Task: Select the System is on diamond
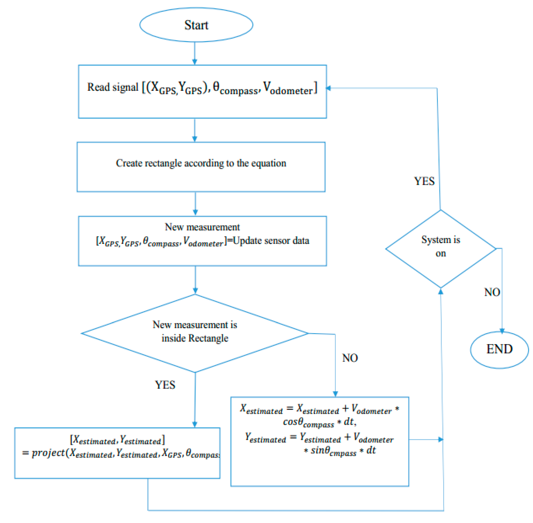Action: point(440,249)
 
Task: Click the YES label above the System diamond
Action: point(424,181)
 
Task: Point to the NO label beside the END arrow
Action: point(492,292)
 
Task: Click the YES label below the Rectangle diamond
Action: point(165,385)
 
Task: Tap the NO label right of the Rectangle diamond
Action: point(350,358)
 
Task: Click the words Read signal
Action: point(112,87)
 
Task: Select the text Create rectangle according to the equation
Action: point(201,163)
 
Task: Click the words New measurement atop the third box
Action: point(202,227)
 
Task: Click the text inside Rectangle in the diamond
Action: point(195,338)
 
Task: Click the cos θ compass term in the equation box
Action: point(308,422)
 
